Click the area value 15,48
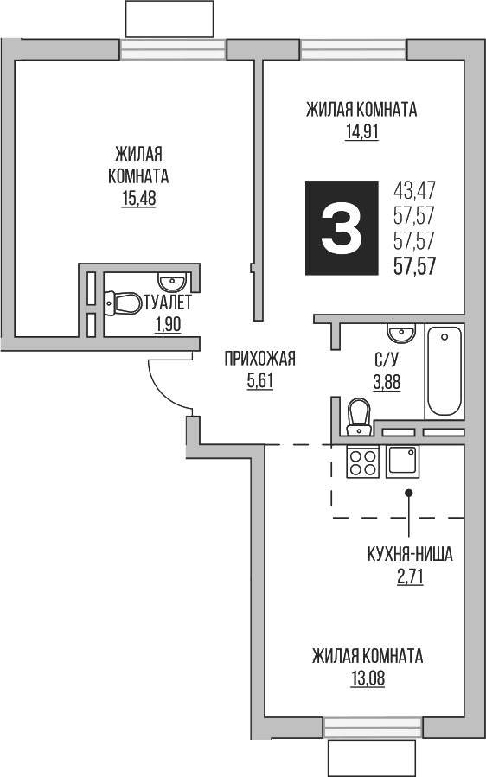tap(138, 198)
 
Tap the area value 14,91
tap(361, 132)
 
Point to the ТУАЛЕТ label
tap(167, 303)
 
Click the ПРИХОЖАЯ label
tap(259, 359)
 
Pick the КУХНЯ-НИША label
tap(410, 555)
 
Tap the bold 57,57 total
tap(414, 265)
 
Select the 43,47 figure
tap(414, 188)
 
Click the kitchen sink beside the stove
tap(402, 462)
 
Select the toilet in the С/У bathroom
tap(356, 415)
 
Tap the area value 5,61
tap(259, 380)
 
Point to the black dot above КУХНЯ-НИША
tap(410, 493)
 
